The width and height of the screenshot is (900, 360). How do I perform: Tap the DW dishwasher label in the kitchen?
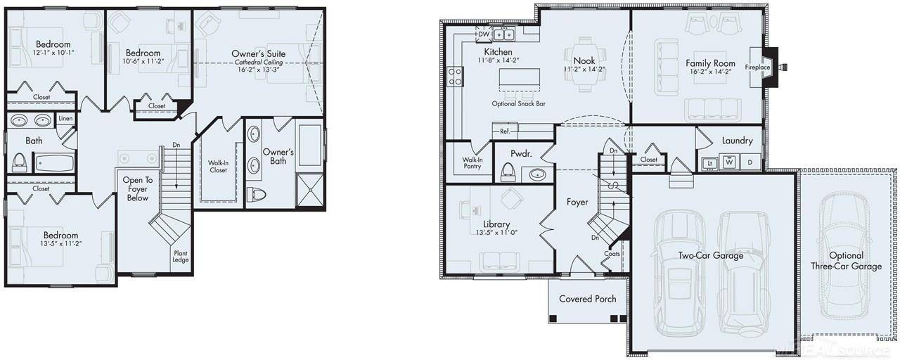[483, 34]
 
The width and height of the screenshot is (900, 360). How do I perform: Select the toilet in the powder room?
[507, 172]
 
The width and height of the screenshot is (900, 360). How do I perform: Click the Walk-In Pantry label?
[472, 164]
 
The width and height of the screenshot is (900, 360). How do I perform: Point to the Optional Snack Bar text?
[519, 103]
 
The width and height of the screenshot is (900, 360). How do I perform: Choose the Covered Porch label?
[587, 299]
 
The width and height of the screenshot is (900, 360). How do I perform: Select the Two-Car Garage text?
[710, 256]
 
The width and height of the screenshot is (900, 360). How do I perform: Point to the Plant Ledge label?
[181, 257]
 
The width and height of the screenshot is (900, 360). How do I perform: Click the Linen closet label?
[65, 119]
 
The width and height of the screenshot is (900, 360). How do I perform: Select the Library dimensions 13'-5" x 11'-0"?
[496, 233]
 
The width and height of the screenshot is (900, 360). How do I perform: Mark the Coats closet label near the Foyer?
[612, 254]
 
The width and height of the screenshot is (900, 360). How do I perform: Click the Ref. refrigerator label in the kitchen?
[505, 131]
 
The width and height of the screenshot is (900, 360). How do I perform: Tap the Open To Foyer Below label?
[136, 189]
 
